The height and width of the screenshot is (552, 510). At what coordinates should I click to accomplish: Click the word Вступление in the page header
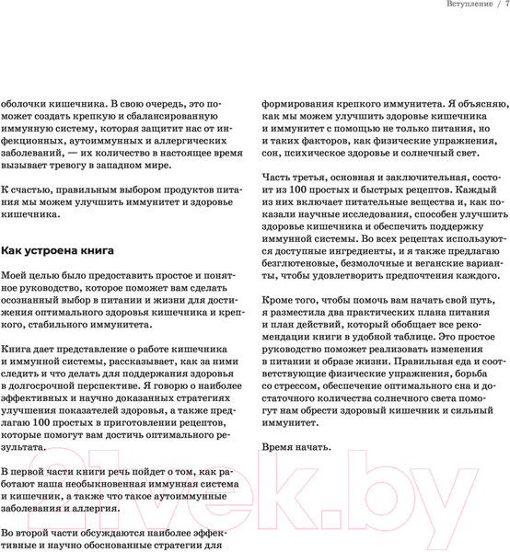pyautogui.click(x=458, y=7)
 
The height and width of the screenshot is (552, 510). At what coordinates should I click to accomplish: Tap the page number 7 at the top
pyautogui.click(x=505, y=7)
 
